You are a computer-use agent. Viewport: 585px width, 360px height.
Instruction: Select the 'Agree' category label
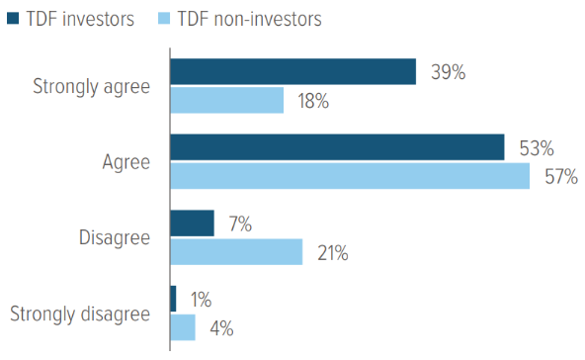[127, 163]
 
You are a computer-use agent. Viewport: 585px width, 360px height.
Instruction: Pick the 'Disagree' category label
[117, 238]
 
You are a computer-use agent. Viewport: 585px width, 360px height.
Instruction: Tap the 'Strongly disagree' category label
[80, 315]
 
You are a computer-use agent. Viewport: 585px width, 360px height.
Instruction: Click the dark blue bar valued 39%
[292, 72]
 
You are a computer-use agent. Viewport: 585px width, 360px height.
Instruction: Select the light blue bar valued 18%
[227, 101]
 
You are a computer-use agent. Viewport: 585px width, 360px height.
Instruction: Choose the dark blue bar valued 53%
[337, 148]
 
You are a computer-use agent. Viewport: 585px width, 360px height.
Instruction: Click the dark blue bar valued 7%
[192, 224]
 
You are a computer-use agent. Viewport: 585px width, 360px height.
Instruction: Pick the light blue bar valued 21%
[236, 252]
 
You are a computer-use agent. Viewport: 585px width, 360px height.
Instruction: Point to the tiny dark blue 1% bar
[173, 300]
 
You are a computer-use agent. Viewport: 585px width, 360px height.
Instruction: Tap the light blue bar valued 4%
[183, 328]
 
